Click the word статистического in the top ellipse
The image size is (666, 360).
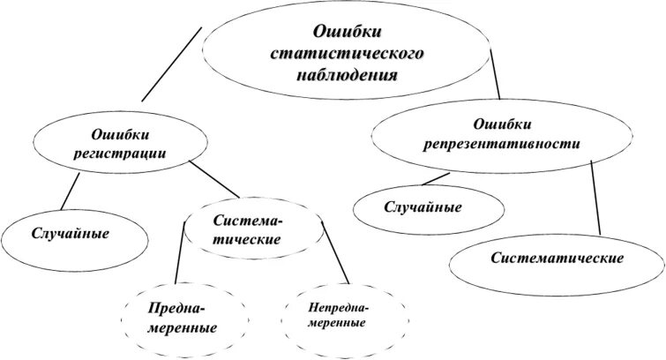347,54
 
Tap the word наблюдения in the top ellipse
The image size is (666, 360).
347,74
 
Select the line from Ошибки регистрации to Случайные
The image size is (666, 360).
67,193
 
